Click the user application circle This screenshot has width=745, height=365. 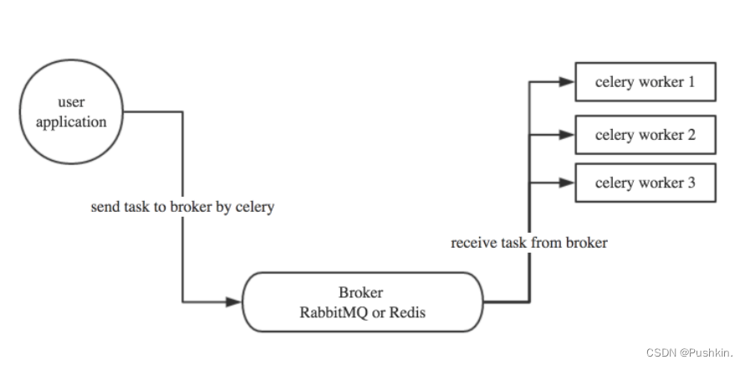point(71,113)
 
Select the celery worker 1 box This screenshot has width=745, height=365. point(645,82)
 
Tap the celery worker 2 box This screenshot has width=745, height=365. point(645,134)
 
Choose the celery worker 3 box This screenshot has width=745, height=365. point(645,182)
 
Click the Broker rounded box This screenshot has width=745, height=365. point(362,301)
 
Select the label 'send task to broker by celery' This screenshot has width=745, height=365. point(182,207)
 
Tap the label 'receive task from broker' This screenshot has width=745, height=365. point(528,244)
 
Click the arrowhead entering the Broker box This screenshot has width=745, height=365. point(233,301)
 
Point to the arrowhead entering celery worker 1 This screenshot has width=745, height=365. point(567,82)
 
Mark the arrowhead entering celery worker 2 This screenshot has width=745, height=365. point(567,134)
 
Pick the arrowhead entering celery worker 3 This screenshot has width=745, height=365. point(567,182)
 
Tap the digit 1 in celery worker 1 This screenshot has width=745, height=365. point(690,83)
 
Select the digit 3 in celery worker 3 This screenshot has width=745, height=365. point(691,182)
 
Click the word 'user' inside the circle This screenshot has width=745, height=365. point(71,102)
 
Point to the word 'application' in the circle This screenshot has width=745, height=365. point(71,122)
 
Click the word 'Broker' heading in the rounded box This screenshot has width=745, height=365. point(361,293)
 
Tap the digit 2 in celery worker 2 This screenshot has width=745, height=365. point(691,134)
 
